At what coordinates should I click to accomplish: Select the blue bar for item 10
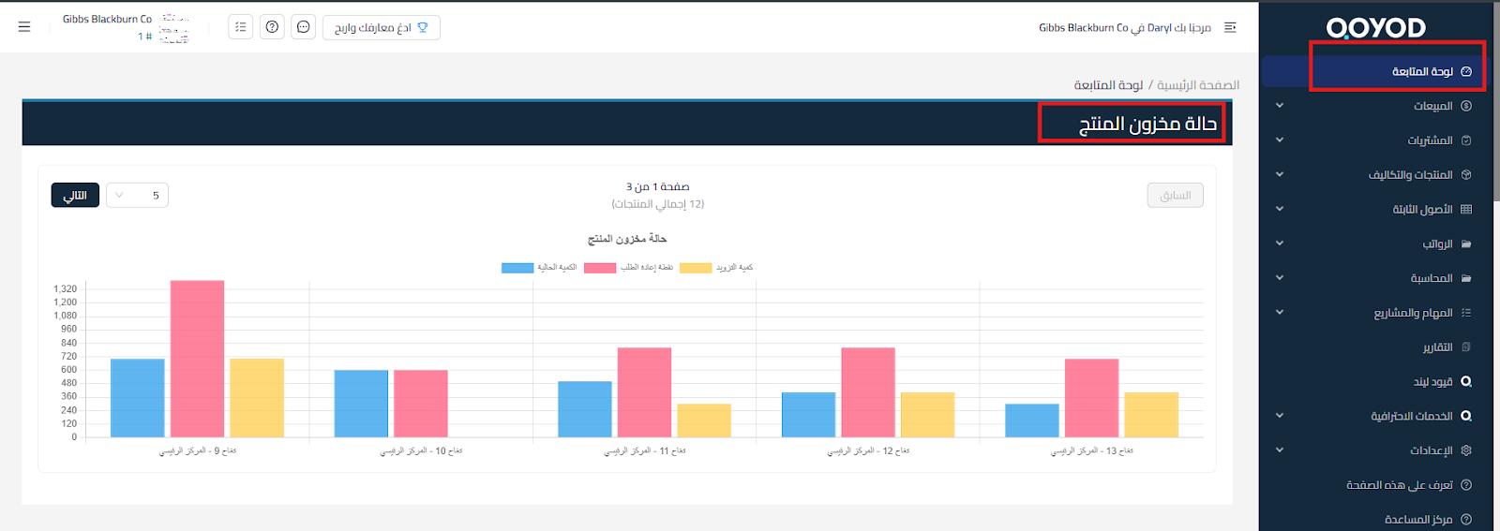point(361,404)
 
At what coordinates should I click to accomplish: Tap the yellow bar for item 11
point(704,420)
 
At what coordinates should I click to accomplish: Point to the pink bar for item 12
point(868,392)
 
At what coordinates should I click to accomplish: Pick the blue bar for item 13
point(1032,420)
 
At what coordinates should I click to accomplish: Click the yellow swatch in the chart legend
point(696,268)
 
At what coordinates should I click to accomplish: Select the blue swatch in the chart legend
point(517,268)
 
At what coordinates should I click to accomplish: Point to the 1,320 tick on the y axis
point(66,289)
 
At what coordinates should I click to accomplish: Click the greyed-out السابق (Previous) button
point(1176,196)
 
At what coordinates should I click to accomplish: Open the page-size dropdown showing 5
point(137,196)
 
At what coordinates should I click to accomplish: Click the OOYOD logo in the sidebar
point(1375,28)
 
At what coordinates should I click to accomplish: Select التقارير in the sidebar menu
point(1437,347)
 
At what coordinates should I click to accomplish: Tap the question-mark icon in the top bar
point(272,27)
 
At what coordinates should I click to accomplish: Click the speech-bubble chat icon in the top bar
point(304,27)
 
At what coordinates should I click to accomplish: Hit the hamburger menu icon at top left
point(24,27)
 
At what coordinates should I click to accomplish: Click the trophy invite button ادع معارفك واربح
point(381,27)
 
